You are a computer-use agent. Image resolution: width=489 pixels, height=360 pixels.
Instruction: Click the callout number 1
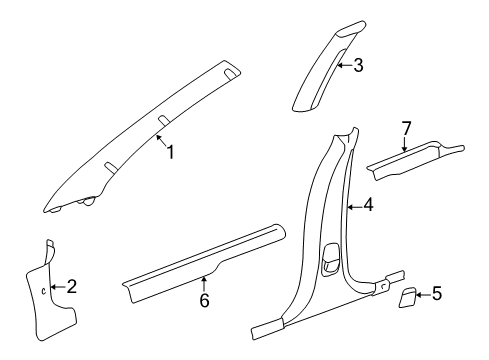pos(170,152)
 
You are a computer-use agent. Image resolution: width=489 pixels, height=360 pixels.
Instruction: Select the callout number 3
pos(357,67)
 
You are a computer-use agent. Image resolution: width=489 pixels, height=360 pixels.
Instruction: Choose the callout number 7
pos(407,128)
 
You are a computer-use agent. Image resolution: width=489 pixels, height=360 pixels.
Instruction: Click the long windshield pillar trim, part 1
pos(140,140)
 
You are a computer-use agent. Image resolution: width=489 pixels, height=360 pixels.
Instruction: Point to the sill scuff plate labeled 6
pos(190,262)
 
